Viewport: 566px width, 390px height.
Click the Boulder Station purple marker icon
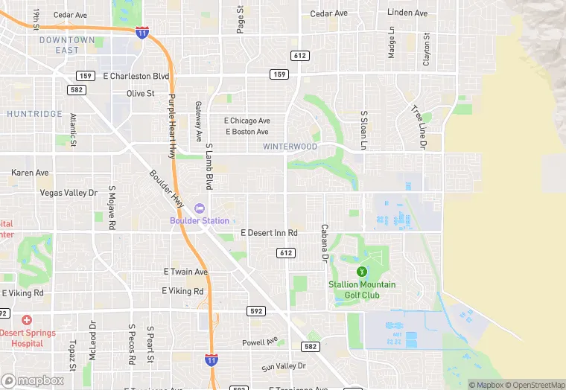(x=199, y=208)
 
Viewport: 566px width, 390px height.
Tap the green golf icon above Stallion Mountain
(x=362, y=272)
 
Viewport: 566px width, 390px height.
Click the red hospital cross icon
(x=27, y=319)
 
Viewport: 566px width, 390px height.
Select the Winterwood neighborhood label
(x=290, y=147)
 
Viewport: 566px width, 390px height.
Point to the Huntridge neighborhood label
(x=34, y=114)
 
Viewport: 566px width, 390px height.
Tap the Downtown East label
(x=67, y=45)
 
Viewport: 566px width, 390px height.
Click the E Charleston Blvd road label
(x=136, y=76)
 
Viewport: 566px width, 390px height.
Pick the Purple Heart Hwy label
(x=171, y=127)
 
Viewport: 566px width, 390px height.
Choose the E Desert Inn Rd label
(x=269, y=233)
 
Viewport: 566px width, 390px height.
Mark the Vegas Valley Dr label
(x=69, y=193)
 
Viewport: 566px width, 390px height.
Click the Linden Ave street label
(x=407, y=13)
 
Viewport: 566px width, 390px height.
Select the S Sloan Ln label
(x=364, y=131)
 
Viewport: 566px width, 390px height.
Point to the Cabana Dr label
(x=324, y=243)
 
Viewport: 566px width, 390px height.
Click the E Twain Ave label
(x=185, y=272)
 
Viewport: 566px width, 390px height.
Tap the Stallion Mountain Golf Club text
(x=363, y=290)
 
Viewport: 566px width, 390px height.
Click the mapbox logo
(x=33, y=380)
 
